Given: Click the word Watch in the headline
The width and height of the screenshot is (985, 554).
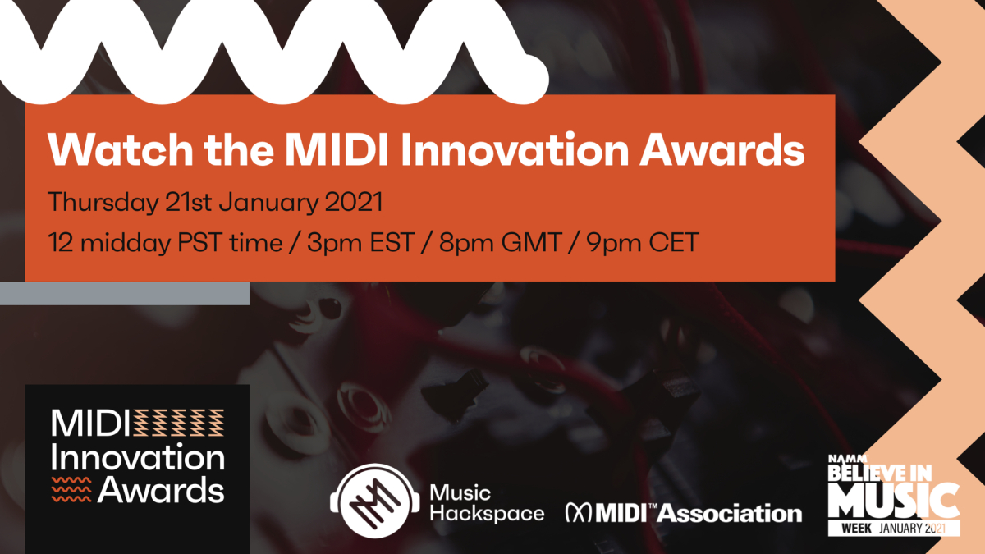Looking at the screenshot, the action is point(121,150).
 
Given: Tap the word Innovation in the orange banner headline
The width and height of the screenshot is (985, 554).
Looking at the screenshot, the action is point(515,150).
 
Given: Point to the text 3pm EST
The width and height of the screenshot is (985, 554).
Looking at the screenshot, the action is point(360,243).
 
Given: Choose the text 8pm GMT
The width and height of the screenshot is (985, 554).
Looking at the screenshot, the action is point(500,243).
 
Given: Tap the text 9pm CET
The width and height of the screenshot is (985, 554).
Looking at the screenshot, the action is point(643,243).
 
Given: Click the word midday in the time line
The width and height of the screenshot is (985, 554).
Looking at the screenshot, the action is point(126,243).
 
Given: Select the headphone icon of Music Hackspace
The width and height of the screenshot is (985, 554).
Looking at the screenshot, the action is point(375,501).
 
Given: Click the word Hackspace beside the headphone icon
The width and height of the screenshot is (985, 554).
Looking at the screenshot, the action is point(487,514).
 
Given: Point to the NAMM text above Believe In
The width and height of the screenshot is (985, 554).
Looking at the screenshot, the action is point(848,459).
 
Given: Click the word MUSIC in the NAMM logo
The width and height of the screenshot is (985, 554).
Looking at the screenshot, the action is point(894,501).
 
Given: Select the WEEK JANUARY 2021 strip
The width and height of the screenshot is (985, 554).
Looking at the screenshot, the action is point(894,528).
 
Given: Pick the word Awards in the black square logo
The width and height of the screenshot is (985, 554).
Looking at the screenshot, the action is point(161,490).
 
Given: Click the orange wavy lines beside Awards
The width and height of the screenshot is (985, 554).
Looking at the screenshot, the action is point(71,489).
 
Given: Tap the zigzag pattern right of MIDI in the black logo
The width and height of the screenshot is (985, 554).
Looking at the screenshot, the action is point(179,423).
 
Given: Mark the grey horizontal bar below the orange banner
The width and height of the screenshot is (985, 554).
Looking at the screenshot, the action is point(125,293).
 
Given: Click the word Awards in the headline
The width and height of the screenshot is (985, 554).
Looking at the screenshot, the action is point(722,150).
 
